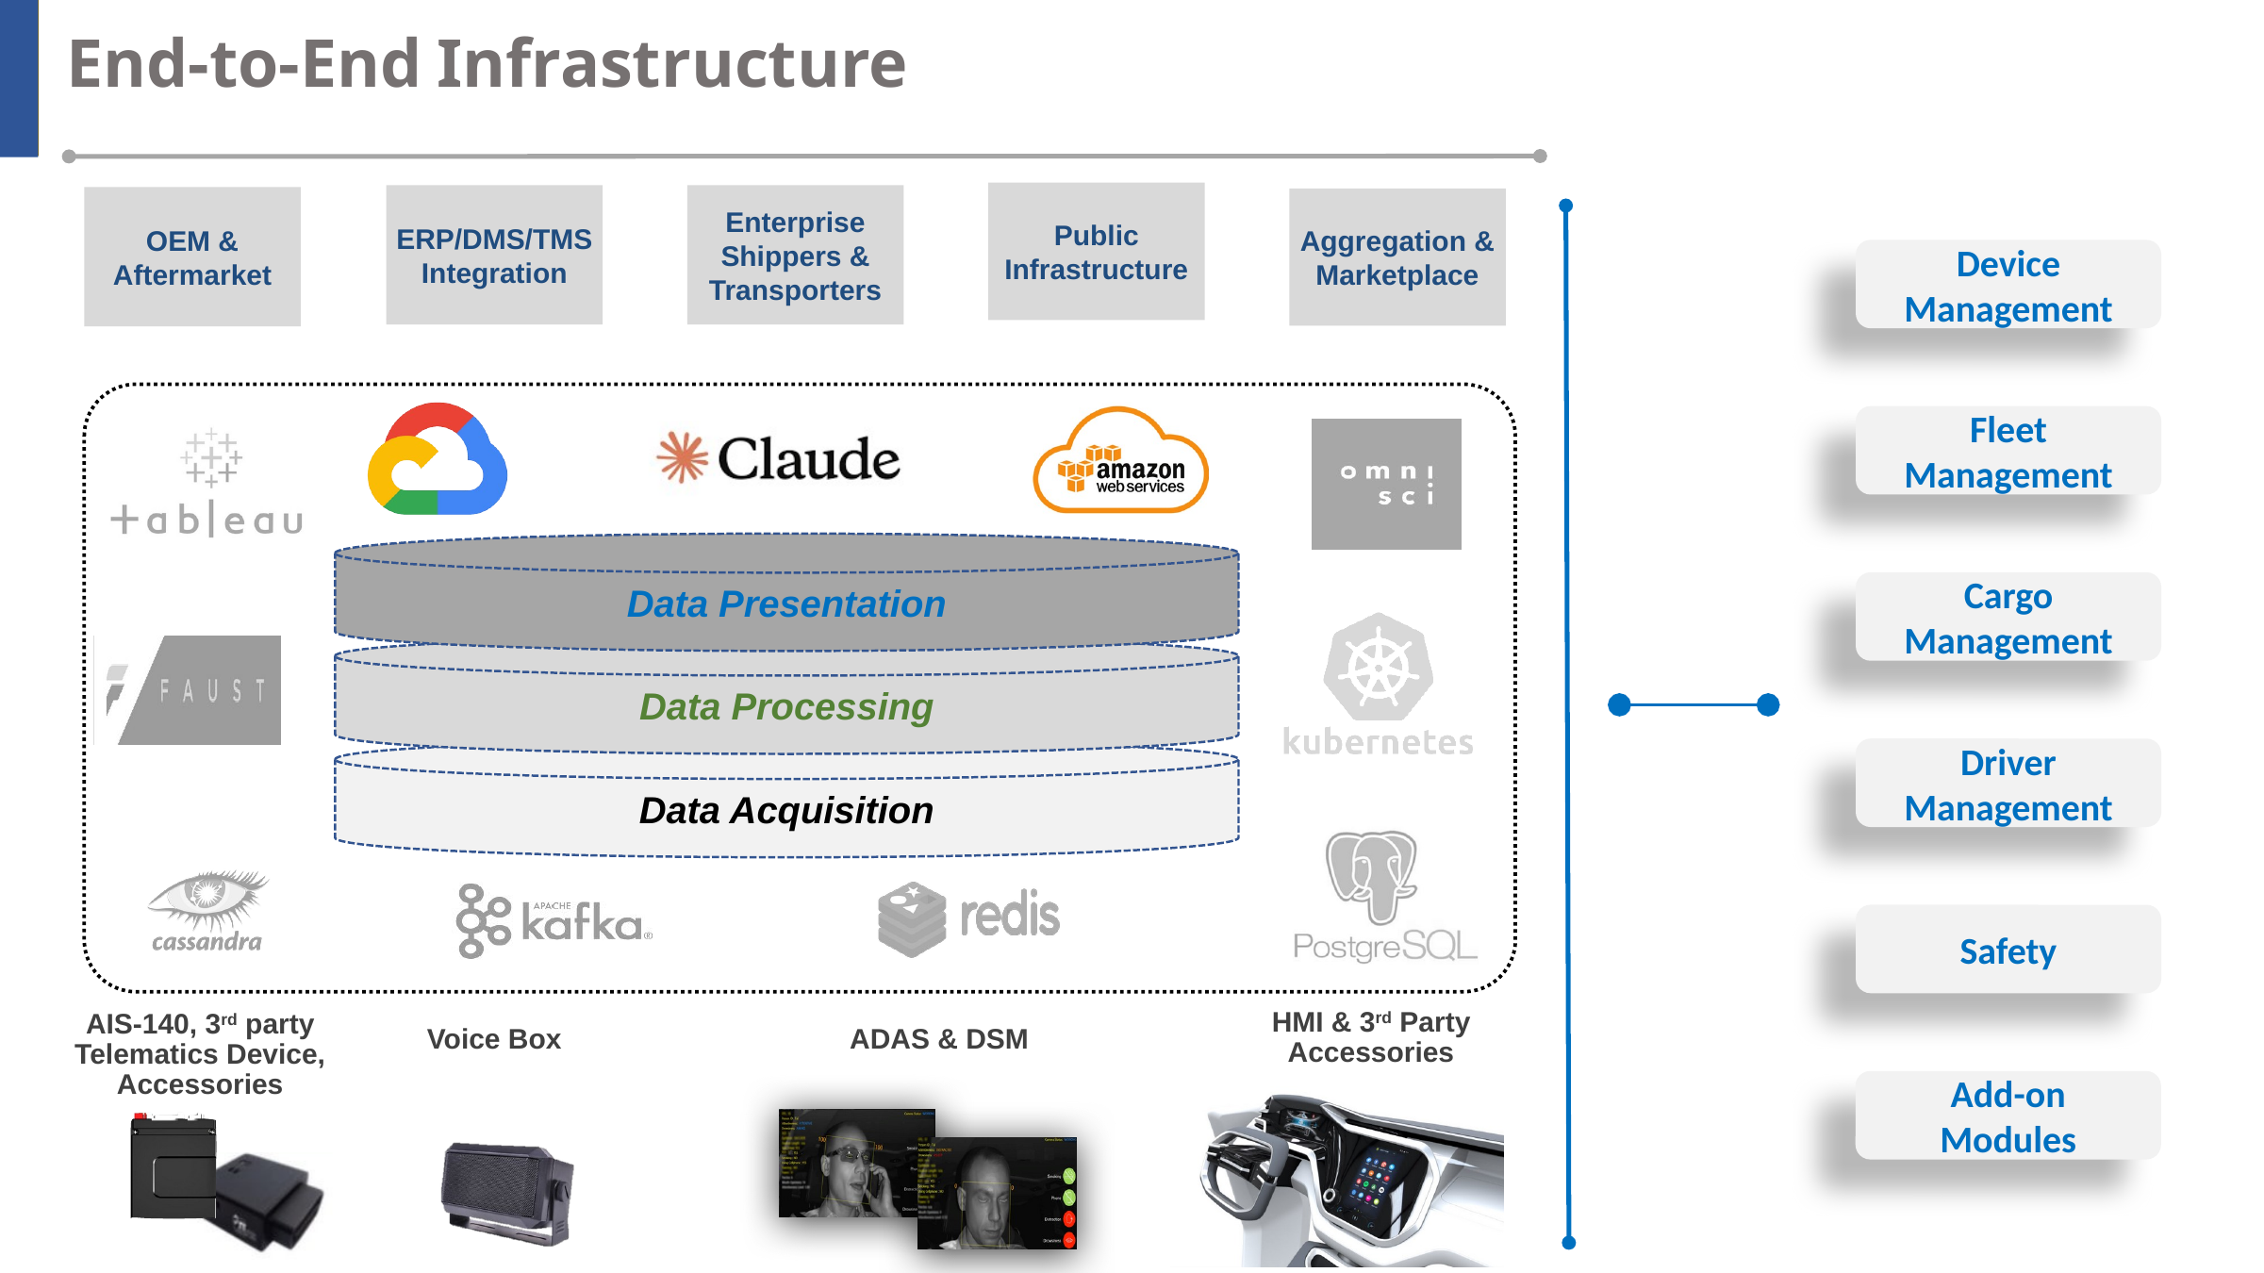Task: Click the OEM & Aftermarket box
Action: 192,256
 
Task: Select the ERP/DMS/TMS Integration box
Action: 494,256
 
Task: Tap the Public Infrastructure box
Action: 1096,252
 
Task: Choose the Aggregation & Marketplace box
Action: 1396,257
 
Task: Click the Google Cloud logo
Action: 437,461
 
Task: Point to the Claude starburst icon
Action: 682,458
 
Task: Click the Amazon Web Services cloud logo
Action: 1120,462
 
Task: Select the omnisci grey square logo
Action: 1386,484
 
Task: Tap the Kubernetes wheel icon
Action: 1378,669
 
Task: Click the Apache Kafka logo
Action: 554,920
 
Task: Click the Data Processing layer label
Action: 785,707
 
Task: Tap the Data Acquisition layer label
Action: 785,811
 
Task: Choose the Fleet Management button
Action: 2008,452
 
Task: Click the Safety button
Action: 2008,951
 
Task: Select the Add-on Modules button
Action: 2008,1116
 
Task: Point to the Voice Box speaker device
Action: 507,1192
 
